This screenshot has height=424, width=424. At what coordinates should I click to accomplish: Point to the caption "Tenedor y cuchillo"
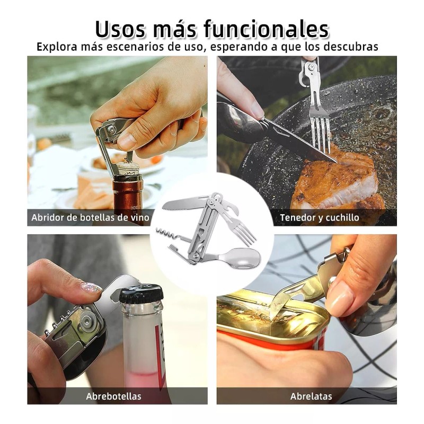point(319,217)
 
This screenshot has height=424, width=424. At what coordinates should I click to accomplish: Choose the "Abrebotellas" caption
point(113,396)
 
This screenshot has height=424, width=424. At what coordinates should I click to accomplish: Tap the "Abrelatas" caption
point(311,396)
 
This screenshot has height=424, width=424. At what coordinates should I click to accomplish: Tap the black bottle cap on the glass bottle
point(140,293)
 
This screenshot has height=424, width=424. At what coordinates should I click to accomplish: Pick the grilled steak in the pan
point(334,183)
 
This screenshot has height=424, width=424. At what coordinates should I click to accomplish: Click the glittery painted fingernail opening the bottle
point(91,288)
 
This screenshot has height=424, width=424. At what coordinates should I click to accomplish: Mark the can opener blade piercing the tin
point(282,307)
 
